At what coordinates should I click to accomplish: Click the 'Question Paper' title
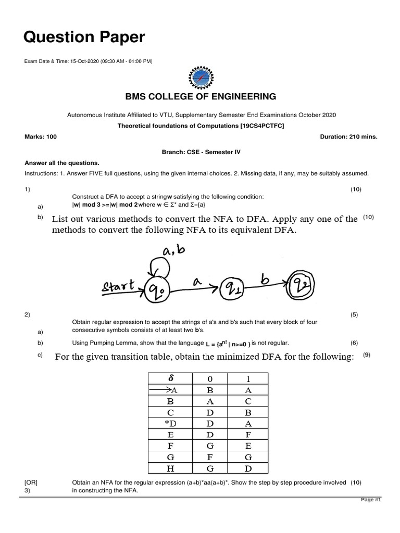click(x=84, y=37)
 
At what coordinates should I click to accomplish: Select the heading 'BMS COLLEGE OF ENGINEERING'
click(x=200, y=96)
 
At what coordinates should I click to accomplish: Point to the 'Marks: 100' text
click(x=41, y=136)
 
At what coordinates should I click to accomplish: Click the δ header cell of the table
click(x=170, y=378)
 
